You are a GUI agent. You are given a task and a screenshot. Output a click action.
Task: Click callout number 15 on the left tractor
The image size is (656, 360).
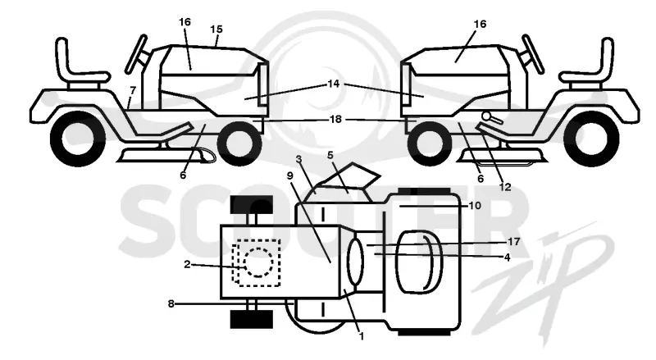tap(216, 30)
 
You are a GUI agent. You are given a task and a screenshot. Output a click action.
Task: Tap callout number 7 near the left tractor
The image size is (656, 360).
tap(133, 90)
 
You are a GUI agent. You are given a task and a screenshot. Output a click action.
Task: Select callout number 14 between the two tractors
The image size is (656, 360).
tap(334, 84)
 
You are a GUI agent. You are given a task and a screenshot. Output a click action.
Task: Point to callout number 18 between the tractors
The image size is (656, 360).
tap(335, 119)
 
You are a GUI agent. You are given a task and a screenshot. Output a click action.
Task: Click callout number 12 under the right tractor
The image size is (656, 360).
tap(505, 187)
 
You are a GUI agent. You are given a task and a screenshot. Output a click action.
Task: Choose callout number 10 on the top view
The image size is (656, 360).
tap(476, 206)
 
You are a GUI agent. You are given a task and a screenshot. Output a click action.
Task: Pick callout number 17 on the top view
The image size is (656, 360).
tap(514, 242)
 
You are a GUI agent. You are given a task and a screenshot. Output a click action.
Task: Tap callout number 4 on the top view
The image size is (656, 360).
tap(508, 257)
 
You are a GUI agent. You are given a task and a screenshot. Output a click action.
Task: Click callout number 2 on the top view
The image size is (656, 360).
tap(187, 264)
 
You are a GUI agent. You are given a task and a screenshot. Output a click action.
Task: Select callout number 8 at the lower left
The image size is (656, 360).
tap(171, 304)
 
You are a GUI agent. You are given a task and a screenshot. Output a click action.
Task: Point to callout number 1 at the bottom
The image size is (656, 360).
tap(362, 335)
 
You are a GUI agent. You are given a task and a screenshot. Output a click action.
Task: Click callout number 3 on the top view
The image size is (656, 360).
tap(298, 159)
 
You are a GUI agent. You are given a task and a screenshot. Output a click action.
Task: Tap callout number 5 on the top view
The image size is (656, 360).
tap(330, 156)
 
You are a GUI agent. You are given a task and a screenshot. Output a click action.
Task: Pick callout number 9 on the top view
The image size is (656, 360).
tap(290, 175)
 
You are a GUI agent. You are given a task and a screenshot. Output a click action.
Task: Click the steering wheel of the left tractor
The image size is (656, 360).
tap(137, 54)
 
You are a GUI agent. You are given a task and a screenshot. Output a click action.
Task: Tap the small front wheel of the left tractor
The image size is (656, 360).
tap(239, 144)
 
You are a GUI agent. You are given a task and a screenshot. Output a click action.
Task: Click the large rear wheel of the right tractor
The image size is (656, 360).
tap(591, 139)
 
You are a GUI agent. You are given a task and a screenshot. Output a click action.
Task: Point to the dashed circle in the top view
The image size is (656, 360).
tap(258, 262)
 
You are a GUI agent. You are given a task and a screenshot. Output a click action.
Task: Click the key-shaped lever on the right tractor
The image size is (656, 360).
tap(491, 116)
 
